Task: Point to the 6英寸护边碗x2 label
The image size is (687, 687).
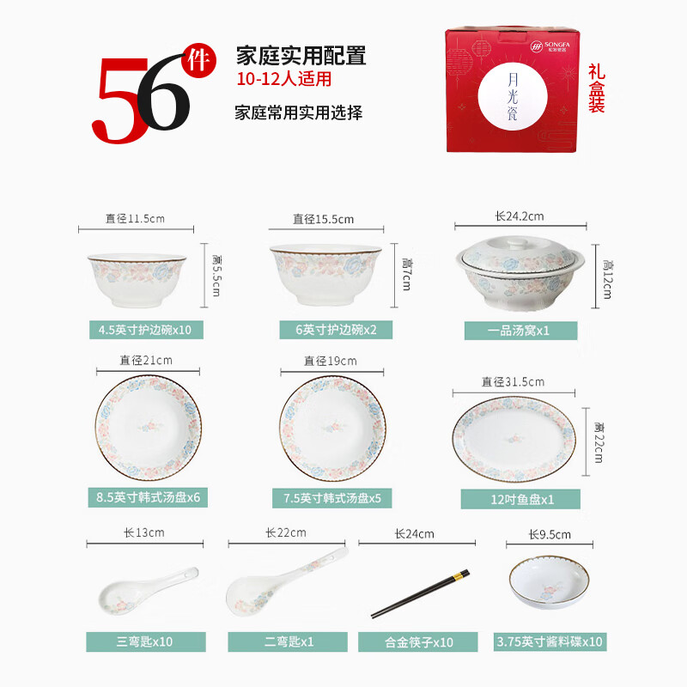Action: [329, 330]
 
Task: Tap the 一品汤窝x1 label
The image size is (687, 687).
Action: [520, 330]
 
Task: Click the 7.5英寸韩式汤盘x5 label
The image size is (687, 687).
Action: [331, 498]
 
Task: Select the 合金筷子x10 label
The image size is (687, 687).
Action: [417, 641]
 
